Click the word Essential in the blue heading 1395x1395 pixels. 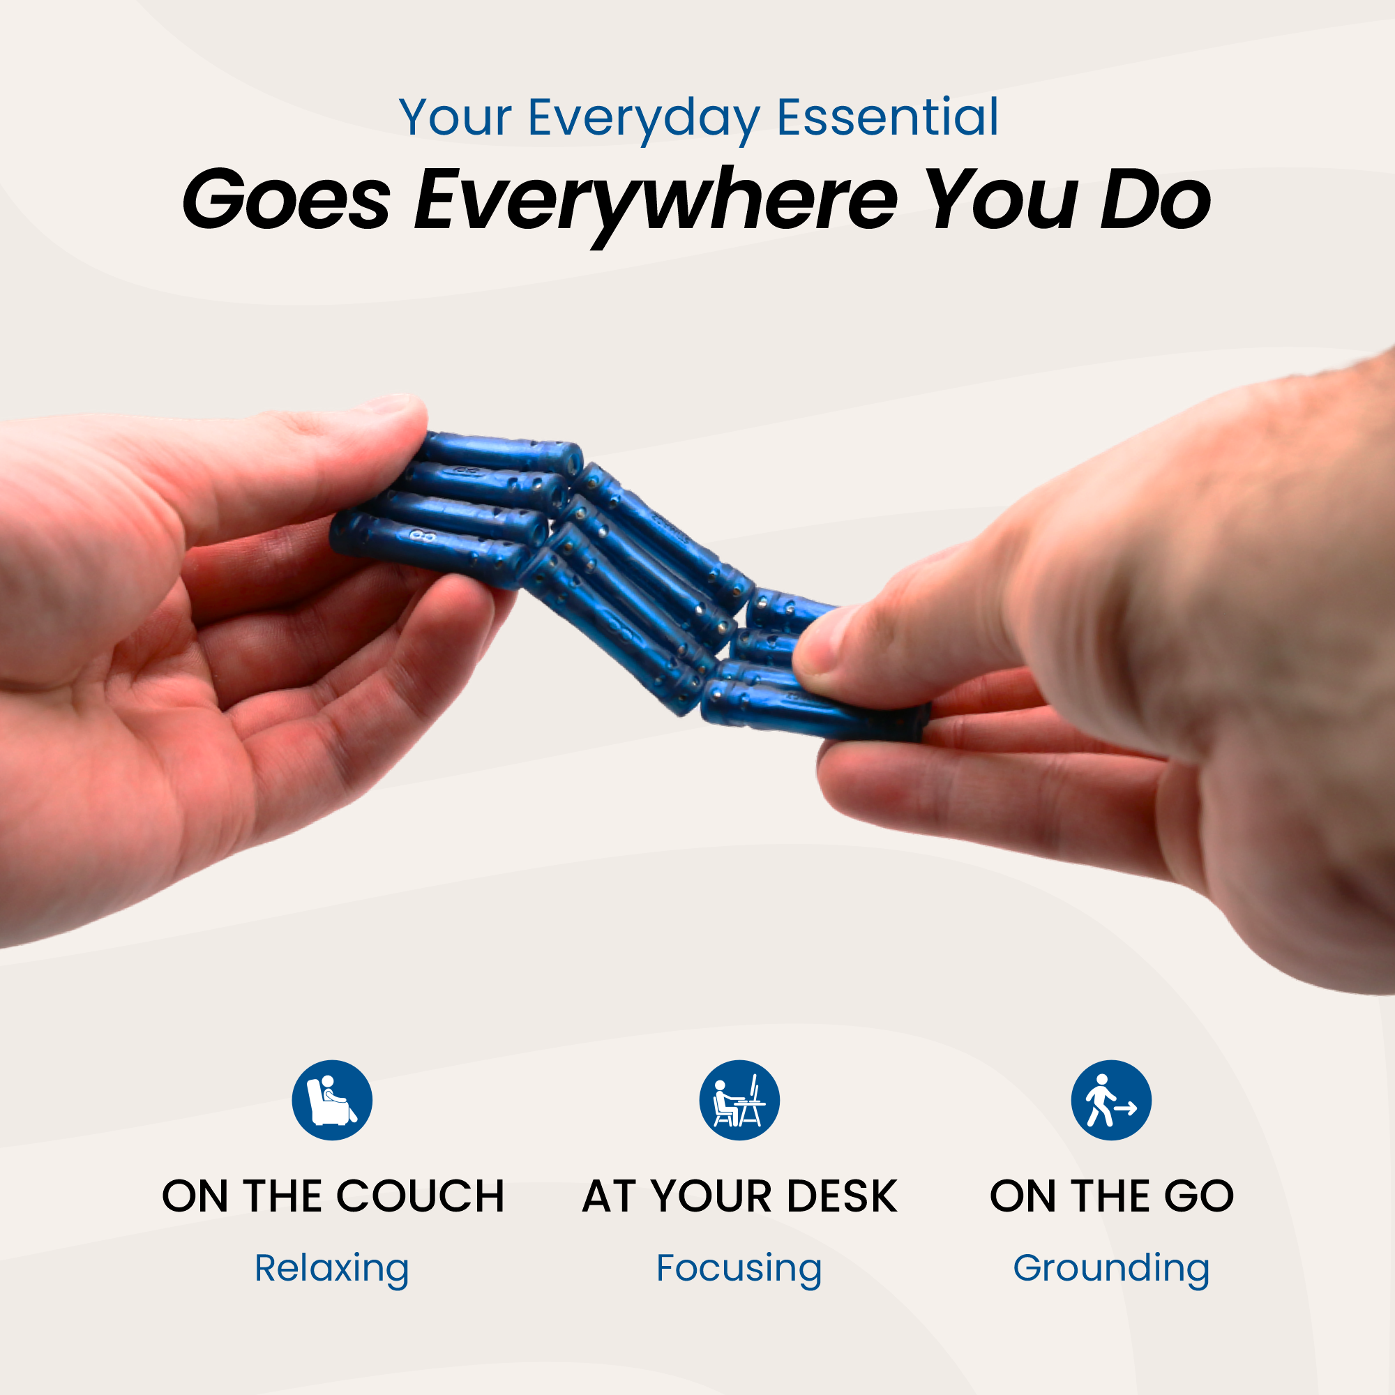[887, 117]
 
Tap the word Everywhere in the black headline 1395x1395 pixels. [655, 202]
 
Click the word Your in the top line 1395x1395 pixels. [455, 117]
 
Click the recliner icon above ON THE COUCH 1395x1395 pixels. [332, 1100]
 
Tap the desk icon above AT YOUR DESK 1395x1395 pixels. [739, 1100]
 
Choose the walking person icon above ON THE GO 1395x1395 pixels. [1111, 1100]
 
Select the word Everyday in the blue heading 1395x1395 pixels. [644, 119]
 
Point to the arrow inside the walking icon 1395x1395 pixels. [1125, 1107]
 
